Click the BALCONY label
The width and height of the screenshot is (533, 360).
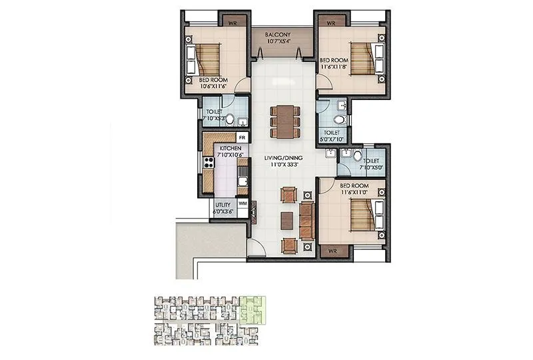282,34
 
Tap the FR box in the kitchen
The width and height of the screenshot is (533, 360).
243,138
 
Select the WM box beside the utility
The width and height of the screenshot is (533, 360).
243,203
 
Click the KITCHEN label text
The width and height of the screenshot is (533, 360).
230,148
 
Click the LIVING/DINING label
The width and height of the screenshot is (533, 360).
284,157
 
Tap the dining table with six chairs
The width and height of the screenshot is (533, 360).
283,121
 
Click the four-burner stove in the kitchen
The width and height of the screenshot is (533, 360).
209,161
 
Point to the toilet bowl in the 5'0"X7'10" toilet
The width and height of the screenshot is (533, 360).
339,119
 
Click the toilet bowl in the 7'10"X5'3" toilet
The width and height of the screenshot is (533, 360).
230,119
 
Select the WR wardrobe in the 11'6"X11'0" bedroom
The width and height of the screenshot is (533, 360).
332,251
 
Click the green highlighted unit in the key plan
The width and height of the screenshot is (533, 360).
252,310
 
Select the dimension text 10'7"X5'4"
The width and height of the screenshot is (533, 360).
282,41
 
